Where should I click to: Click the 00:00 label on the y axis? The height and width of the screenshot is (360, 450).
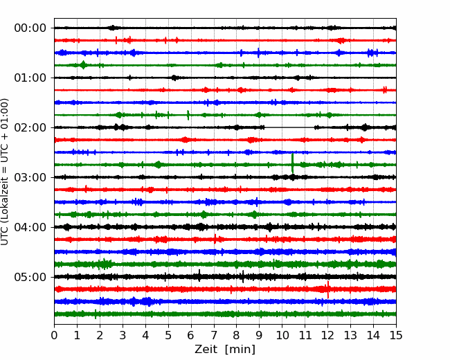tap(30, 28)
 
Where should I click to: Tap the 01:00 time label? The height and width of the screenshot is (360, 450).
tap(30, 78)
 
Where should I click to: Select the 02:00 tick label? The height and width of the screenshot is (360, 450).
tap(30, 127)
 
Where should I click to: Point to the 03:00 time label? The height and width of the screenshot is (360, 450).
tap(30, 177)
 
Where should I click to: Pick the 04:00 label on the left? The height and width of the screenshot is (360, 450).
tap(30, 227)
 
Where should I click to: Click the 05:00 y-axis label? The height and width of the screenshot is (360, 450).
tap(30, 277)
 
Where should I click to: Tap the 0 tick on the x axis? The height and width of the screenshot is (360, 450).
tap(54, 335)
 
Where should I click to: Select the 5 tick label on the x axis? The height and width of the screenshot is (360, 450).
tap(168, 335)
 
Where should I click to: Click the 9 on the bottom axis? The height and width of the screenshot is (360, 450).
tap(259, 335)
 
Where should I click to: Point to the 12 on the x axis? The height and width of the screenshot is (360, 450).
tap(327, 335)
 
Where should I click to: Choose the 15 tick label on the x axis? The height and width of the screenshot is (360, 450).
tap(396, 335)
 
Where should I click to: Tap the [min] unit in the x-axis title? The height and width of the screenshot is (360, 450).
tap(240, 350)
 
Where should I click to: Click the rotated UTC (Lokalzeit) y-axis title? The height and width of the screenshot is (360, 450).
tap(5, 172)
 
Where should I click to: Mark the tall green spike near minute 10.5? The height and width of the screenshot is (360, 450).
tap(292, 163)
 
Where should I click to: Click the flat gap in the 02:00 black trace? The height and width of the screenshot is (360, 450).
tap(289, 127)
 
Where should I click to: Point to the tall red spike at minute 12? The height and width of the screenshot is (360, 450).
tap(327, 289)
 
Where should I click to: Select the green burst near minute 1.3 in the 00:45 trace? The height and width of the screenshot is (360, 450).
tap(83, 65)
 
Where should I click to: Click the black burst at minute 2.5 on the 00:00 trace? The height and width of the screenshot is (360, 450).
tap(113, 28)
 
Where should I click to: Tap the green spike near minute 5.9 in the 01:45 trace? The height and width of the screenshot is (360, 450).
tap(188, 115)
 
